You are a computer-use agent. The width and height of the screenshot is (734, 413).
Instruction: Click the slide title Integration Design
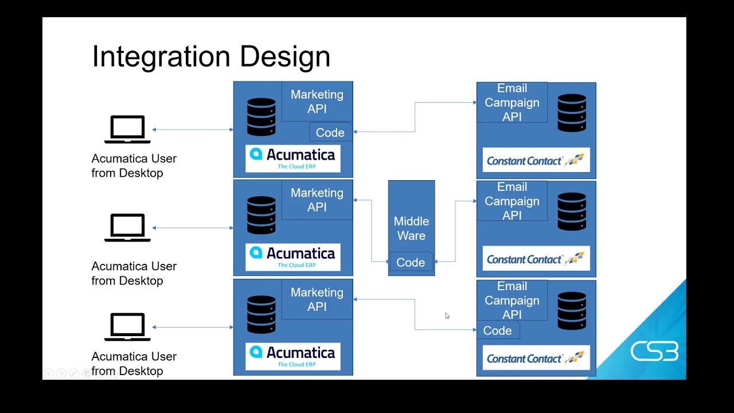point(211,57)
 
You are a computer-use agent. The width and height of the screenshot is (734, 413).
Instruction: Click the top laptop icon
point(127,130)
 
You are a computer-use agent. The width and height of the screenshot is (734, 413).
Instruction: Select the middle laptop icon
point(127,228)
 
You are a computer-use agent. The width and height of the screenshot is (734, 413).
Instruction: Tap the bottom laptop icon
point(127,327)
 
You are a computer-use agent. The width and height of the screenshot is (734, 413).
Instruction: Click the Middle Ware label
point(411,228)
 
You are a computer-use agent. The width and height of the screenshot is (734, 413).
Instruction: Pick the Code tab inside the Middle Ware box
point(411,262)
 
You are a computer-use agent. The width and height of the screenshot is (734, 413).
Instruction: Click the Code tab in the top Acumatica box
point(330,133)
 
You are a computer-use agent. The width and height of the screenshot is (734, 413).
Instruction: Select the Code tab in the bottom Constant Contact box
point(497,330)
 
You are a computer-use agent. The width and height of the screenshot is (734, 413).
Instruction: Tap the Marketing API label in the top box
point(317,102)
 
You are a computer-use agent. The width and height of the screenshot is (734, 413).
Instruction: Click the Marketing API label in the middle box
point(317,200)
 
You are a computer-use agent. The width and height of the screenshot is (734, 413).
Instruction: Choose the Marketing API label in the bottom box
point(317,299)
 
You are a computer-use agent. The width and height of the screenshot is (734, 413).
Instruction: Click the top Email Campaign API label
point(512,103)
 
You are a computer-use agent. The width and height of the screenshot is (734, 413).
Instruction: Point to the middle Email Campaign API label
point(512,201)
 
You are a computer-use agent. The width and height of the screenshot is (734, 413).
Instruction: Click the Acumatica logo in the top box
point(293,158)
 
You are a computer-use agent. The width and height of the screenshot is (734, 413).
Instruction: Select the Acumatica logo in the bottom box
point(293,356)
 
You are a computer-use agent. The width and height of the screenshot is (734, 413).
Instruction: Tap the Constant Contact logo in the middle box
point(536,259)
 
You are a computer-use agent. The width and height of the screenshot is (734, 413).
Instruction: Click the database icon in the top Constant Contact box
point(572,113)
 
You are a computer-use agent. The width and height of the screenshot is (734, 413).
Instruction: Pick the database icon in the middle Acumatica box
point(261,215)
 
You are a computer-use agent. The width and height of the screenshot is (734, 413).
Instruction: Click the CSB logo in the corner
point(654,351)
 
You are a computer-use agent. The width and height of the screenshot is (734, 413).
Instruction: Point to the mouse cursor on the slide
point(447,315)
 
